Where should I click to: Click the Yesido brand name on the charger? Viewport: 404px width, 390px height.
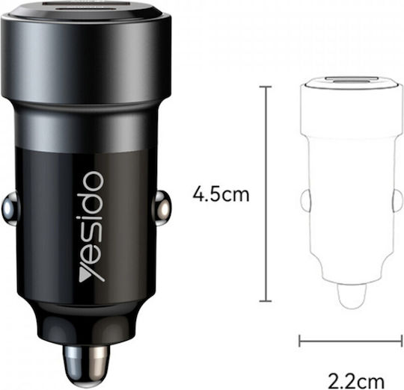pos(92,226)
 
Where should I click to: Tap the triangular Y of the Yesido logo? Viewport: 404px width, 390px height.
pos(92,273)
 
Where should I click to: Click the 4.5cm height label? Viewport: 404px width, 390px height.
pos(221,194)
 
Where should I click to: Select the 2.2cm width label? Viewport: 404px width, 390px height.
pos(356,382)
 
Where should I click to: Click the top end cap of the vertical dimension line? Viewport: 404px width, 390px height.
pos(265,87)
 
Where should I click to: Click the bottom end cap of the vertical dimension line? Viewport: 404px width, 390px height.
pos(265,300)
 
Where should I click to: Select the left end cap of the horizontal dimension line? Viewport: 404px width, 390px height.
pos(299,341)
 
